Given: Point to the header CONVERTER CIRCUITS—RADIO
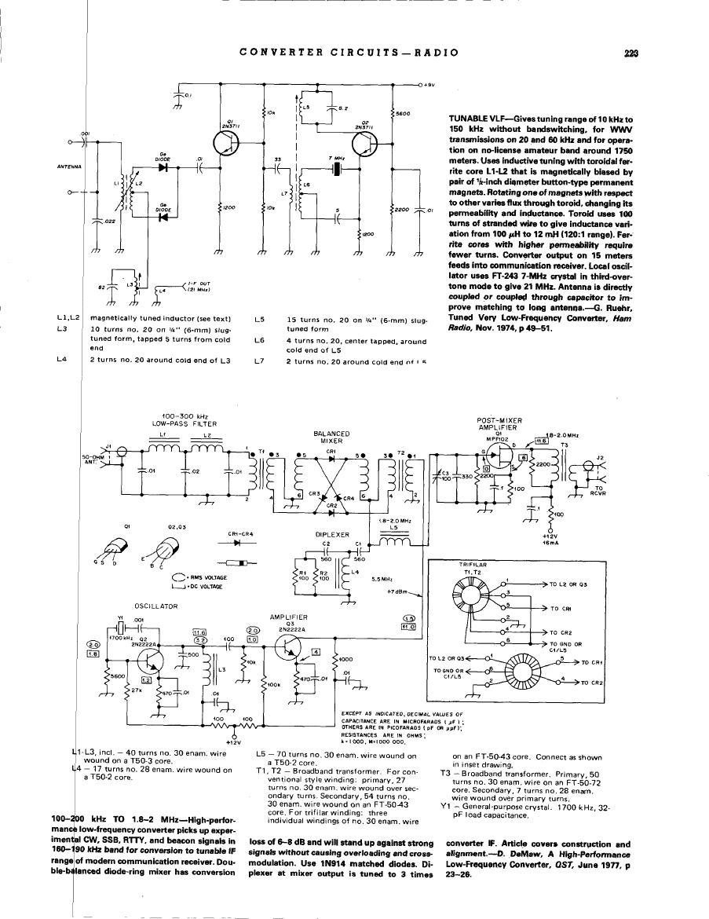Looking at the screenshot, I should pos(349,53).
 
